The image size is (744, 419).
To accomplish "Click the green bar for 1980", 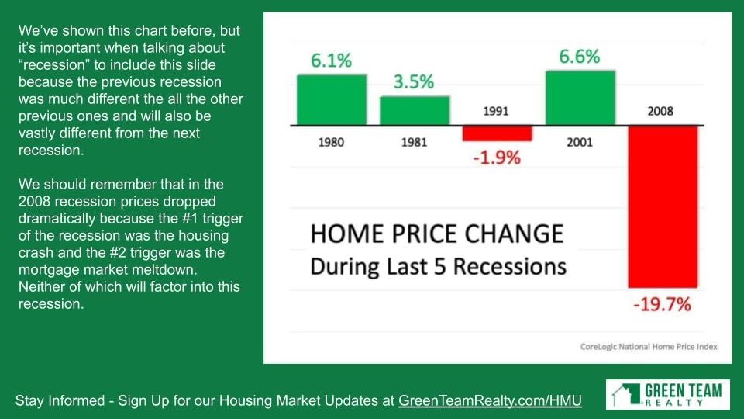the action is tap(332, 100).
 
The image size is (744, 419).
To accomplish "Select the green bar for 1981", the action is tap(415, 111).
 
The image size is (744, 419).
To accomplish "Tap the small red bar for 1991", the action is tap(498, 133).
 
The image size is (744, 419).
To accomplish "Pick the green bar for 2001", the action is tap(580, 98).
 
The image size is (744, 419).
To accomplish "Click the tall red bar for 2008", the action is tap(663, 206).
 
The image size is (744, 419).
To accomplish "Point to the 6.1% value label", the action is tap(331, 61).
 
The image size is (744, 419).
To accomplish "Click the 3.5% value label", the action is tap(414, 81).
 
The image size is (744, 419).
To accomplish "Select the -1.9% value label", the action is tap(497, 158).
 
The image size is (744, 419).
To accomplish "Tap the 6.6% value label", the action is tap(580, 57).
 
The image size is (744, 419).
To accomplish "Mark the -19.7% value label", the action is tap(663, 304).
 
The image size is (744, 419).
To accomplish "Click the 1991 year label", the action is tap(496, 111).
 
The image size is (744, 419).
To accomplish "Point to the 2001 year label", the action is tap(580, 142).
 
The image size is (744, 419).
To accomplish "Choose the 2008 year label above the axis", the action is tap(660, 111).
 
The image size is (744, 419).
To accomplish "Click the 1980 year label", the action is tap(331, 142).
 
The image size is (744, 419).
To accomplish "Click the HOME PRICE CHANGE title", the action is tap(437, 234).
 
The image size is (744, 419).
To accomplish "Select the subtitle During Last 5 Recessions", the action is tap(439, 266).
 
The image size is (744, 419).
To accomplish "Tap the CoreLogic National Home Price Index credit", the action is tap(649, 347).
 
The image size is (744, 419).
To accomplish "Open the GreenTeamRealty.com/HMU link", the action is tap(490, 400).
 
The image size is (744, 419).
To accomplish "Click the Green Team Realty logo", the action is tap(667, 394).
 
